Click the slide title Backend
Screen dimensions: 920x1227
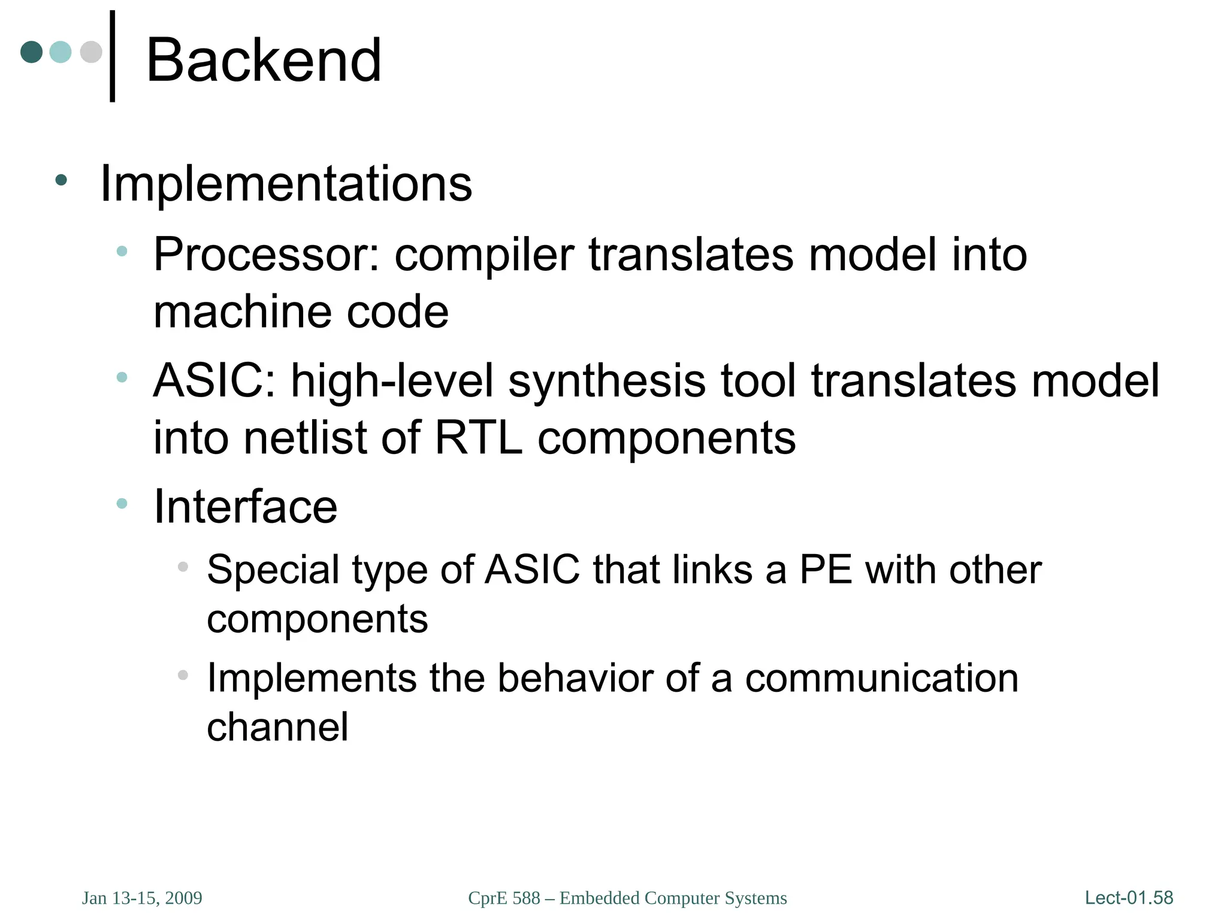[264, 60]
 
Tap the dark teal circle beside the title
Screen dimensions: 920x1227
[32, 52]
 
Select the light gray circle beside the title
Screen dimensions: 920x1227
[91, 52]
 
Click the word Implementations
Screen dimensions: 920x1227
[286, 184]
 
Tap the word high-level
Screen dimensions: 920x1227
[392, 382]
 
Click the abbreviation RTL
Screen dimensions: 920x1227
[478, 438]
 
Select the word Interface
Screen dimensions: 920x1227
[246, 507]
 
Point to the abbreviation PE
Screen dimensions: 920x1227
[826, 570]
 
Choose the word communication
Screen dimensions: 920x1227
[881, 679]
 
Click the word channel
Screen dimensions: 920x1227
[277, 727]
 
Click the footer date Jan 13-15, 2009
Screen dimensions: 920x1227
[142, 898]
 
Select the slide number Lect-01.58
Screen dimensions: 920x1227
[1129, 898]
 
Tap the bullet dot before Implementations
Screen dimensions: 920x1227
[61, 180]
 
